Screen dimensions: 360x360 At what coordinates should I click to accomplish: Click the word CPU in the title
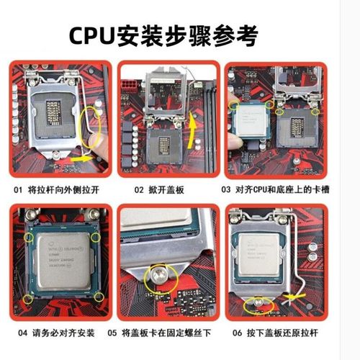click(x=93, y=35)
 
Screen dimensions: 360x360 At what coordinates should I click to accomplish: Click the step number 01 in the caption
click(x=19, y=191)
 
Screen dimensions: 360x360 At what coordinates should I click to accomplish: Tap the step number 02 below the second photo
click(x=140, y=191)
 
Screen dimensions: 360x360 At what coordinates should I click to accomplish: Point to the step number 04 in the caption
click(x=19, y=333)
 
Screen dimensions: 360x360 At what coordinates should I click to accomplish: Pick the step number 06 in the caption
click(x=238, y=333)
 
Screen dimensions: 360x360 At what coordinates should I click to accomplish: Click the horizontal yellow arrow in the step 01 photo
click(x=81, y=156)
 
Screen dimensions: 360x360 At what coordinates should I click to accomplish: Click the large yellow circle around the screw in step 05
click(x=154, y=277)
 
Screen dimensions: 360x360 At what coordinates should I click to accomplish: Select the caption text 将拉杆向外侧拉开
click(x=68, y=191)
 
